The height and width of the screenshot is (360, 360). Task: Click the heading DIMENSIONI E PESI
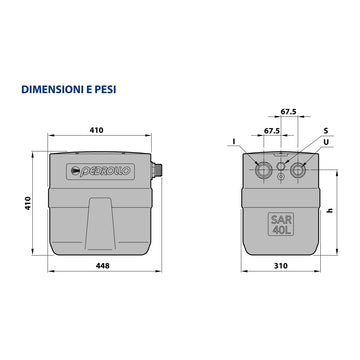[69, 90]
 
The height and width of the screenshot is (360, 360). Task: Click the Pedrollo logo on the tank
[100, 172]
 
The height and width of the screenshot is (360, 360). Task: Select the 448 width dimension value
[103, 266]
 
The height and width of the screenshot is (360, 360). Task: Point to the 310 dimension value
[281, 266]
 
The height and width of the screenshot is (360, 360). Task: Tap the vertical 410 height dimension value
[28, 203]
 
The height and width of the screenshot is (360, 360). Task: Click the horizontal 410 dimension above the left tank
[96, 130]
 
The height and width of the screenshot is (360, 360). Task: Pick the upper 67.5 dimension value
[288, 112]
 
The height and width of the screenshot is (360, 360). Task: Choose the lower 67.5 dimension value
[272, 131]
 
